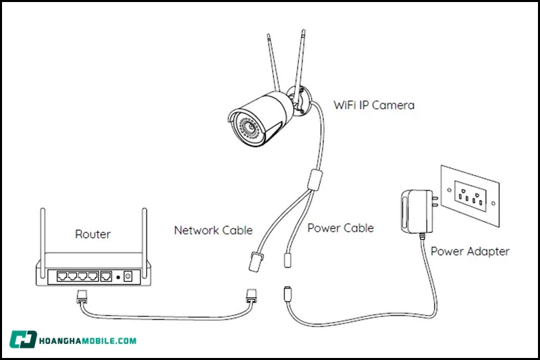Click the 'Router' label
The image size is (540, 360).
92,234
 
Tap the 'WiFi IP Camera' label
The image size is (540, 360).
374,105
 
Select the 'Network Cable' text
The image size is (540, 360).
213,230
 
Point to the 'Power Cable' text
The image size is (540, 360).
341,228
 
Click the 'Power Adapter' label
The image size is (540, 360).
470,251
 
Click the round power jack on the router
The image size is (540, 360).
127,276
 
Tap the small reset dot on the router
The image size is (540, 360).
117,276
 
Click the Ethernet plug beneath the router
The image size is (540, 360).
81,295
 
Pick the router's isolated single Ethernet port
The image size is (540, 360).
106,276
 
